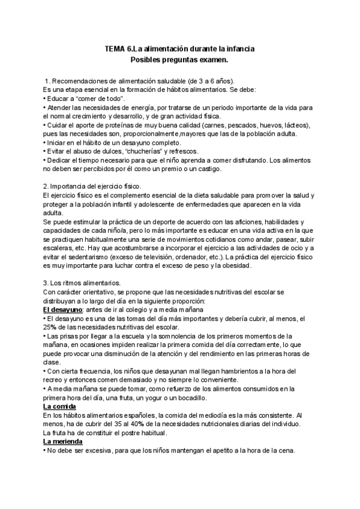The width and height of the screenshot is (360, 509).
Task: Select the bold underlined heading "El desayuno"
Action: (x=65, y=309)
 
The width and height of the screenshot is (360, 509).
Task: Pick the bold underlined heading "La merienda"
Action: (x=64, y=442)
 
